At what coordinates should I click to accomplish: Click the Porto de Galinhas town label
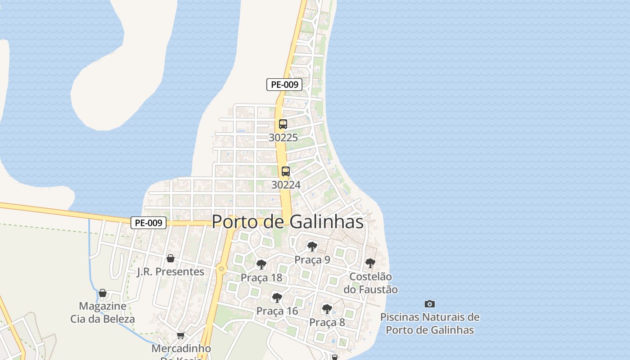[x=288, y=221]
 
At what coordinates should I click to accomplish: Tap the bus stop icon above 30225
[x=283, y=124]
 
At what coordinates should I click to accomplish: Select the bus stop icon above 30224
[x=286, y=171]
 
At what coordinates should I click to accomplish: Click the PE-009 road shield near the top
[x=284, y=84]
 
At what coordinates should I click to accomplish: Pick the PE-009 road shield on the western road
[x=148, y=222]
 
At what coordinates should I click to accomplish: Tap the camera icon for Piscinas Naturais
[x=430, y=304]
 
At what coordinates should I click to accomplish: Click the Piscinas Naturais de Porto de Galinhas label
[x=430, y=324]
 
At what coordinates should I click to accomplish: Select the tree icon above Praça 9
[x=312, y=247]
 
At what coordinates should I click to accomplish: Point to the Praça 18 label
[x=261, y=278]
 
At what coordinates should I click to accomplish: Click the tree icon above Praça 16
[x=277, y=297]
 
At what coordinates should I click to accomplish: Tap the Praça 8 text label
[x=327, y=322]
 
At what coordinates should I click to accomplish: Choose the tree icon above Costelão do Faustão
[x=370, y=263]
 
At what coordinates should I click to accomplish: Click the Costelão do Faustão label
[x=370, y=283]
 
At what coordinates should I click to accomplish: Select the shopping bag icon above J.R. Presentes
[x=171, y=258]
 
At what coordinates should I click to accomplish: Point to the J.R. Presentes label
[x=171, y=272]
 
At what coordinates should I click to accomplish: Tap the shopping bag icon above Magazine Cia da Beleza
[x=103, y=293]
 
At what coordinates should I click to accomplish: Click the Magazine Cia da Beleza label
[x=103, y=312]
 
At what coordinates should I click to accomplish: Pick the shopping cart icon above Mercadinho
[x=181, y=335]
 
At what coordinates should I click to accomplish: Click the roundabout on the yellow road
[x=221, y=269]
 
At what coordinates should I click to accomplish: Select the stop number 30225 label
[x=283, y=138]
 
